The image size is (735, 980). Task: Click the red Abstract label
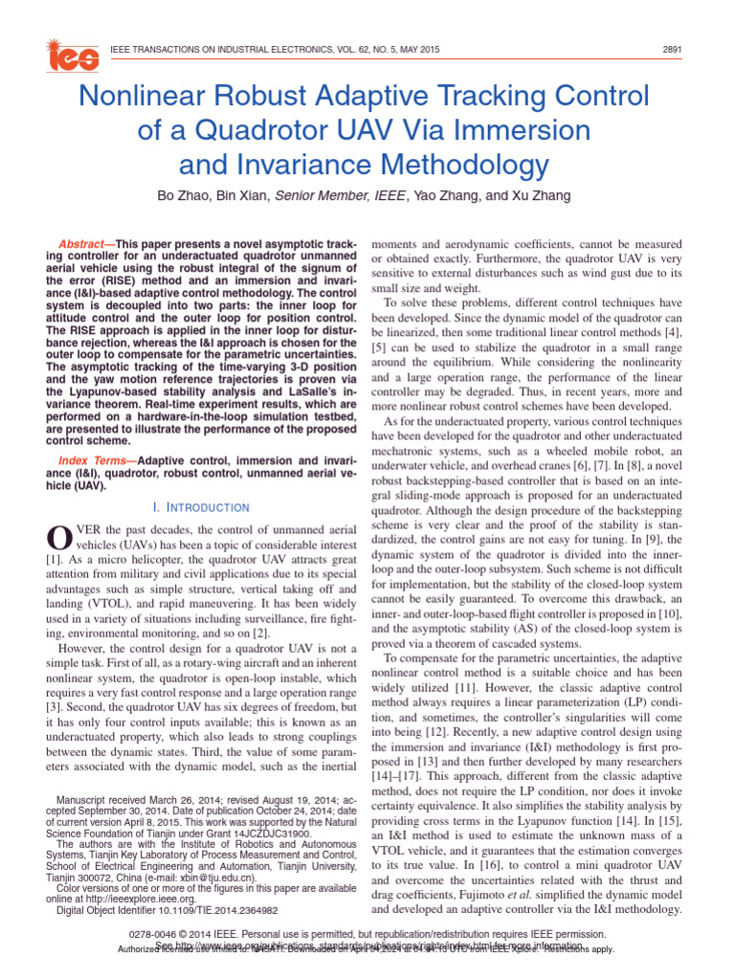click(x=84, y=245)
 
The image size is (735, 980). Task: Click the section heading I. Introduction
click(x=201, y=507)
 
